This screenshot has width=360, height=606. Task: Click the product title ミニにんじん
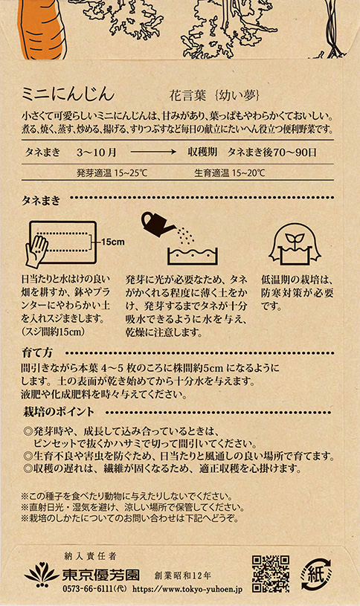tap(68, 94)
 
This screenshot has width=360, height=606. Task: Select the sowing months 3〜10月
tap(96, 152)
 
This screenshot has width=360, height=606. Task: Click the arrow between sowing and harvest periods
tap(153, 152)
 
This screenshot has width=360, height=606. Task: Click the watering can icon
tap(158, 225)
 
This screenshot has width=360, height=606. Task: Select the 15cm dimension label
tap(113, 242)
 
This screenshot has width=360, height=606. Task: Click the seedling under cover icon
tap(295, 244)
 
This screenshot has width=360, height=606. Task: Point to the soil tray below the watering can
tap(193, 256)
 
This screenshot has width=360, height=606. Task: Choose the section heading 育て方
tap(37, 352)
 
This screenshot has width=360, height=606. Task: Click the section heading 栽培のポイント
tap(59, 412)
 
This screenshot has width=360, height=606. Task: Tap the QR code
tap(271, 573)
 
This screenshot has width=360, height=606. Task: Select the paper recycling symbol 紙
tap(317, 575)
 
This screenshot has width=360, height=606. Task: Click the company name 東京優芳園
tap(101, 575)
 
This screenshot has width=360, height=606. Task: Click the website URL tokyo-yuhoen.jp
tap(187, 590)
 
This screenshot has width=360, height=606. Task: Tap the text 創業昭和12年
tap(182, 576)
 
